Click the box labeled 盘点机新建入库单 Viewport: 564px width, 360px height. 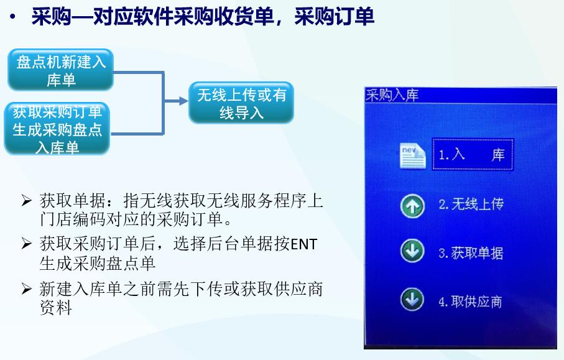point(60,70)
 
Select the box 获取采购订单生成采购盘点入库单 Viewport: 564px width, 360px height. point(57,129)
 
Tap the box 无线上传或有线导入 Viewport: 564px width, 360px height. point(241,103)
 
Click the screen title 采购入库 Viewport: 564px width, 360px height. point(392,95)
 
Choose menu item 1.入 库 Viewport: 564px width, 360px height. point(473,155)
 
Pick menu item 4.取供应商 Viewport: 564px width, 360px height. point(470,302)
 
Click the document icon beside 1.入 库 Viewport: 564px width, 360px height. point(412,155)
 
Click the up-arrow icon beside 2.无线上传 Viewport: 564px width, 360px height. point(412,205)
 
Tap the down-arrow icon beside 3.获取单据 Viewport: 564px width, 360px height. point(412,252)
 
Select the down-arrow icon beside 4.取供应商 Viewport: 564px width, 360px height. point(412,301)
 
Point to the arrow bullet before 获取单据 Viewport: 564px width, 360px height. point(26,201)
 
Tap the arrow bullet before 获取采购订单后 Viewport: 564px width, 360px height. point(26,244)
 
